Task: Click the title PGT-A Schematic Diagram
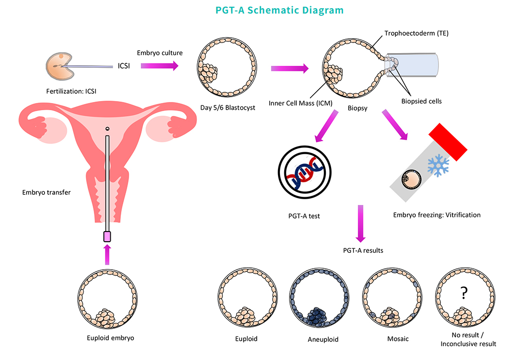tap(255, 10)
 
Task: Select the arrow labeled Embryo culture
tap(160, 65)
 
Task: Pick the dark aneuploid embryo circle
tap(319, 299)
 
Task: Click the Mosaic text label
tap(398, 338)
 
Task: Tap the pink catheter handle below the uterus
tap(107, 236)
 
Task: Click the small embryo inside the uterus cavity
tap(107, 129)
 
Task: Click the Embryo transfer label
tap(46, 192)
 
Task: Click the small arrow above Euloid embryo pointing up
tap(107, 254)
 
